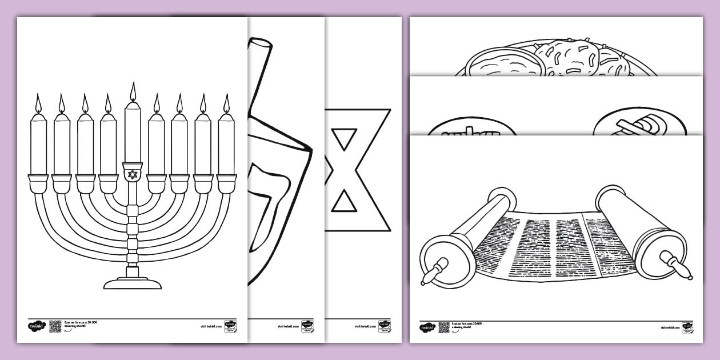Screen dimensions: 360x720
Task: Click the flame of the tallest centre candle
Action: click(x=133, y=92)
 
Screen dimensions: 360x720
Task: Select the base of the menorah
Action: click(x=133, y=282)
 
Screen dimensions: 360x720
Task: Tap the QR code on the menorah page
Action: click(x=55, y=326)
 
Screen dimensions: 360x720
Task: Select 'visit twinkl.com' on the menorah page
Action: click(x=211, y=326)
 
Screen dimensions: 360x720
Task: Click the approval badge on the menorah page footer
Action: click(x=230, y=326)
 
